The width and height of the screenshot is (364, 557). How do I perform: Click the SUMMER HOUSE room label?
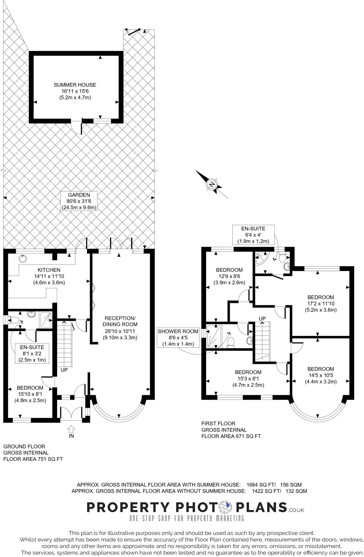point(75,91)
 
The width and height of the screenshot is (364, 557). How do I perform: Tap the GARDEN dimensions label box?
point(79,201)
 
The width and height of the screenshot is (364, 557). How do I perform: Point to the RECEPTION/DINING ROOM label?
point(120,328)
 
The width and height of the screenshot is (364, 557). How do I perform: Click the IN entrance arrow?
point(71,429)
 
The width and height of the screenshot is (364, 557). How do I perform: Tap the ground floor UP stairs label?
point(64,370)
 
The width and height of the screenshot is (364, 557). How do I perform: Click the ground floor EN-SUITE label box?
point(32,353)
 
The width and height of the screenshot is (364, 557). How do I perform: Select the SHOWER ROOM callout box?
point(178,338)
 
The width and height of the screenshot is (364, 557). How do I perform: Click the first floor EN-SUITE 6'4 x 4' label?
point(253,234)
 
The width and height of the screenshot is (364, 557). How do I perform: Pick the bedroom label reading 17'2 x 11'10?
point(321,304)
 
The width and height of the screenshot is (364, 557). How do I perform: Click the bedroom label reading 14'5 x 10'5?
point(321,375)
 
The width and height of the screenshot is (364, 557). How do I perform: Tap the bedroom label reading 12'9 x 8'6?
point(229,276)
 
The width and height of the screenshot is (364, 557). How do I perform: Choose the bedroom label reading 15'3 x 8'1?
point(248,379)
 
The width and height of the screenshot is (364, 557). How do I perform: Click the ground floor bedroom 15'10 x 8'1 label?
point(30,394)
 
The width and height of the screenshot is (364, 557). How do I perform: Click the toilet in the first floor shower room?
point(231,342)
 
